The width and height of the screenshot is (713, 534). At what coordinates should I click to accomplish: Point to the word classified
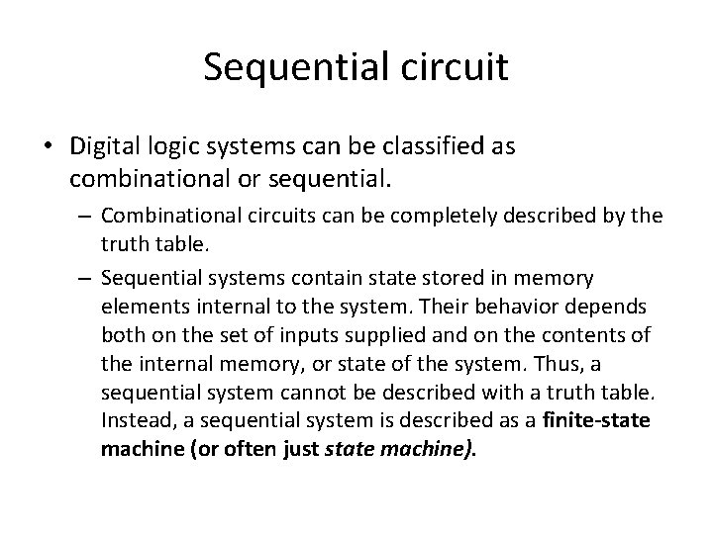pyautogui.click(x=432, y=146)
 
